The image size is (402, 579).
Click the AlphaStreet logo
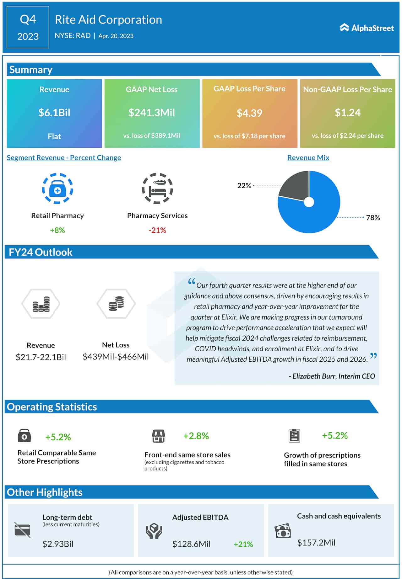pos(367,28)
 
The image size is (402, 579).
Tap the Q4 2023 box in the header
pos(28,27)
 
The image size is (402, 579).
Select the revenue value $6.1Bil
pos(54,113)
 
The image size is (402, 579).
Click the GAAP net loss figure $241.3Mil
pos(152,113)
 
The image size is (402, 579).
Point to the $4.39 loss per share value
pos(249,113)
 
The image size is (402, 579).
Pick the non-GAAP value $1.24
pos(347,113)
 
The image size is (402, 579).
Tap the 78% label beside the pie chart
pos(373,218)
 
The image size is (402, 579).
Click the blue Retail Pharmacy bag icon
pos(57,189)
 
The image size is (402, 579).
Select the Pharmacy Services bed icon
pos(157,189)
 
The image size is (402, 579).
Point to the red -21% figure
pos(157,230)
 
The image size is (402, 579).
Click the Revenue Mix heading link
pos(308,158)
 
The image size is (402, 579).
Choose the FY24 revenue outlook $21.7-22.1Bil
pos(41,357)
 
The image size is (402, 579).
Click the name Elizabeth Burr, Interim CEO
pos(334,376)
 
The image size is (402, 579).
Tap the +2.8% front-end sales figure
pos(196,436)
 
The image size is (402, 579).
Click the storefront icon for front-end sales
pos(158,436)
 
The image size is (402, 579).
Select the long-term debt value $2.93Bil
pos(58,544)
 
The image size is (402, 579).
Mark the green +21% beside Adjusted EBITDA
pos(243,544)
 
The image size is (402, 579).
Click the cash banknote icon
pos(283,531)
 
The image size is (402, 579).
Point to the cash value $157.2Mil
pos(316,543)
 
